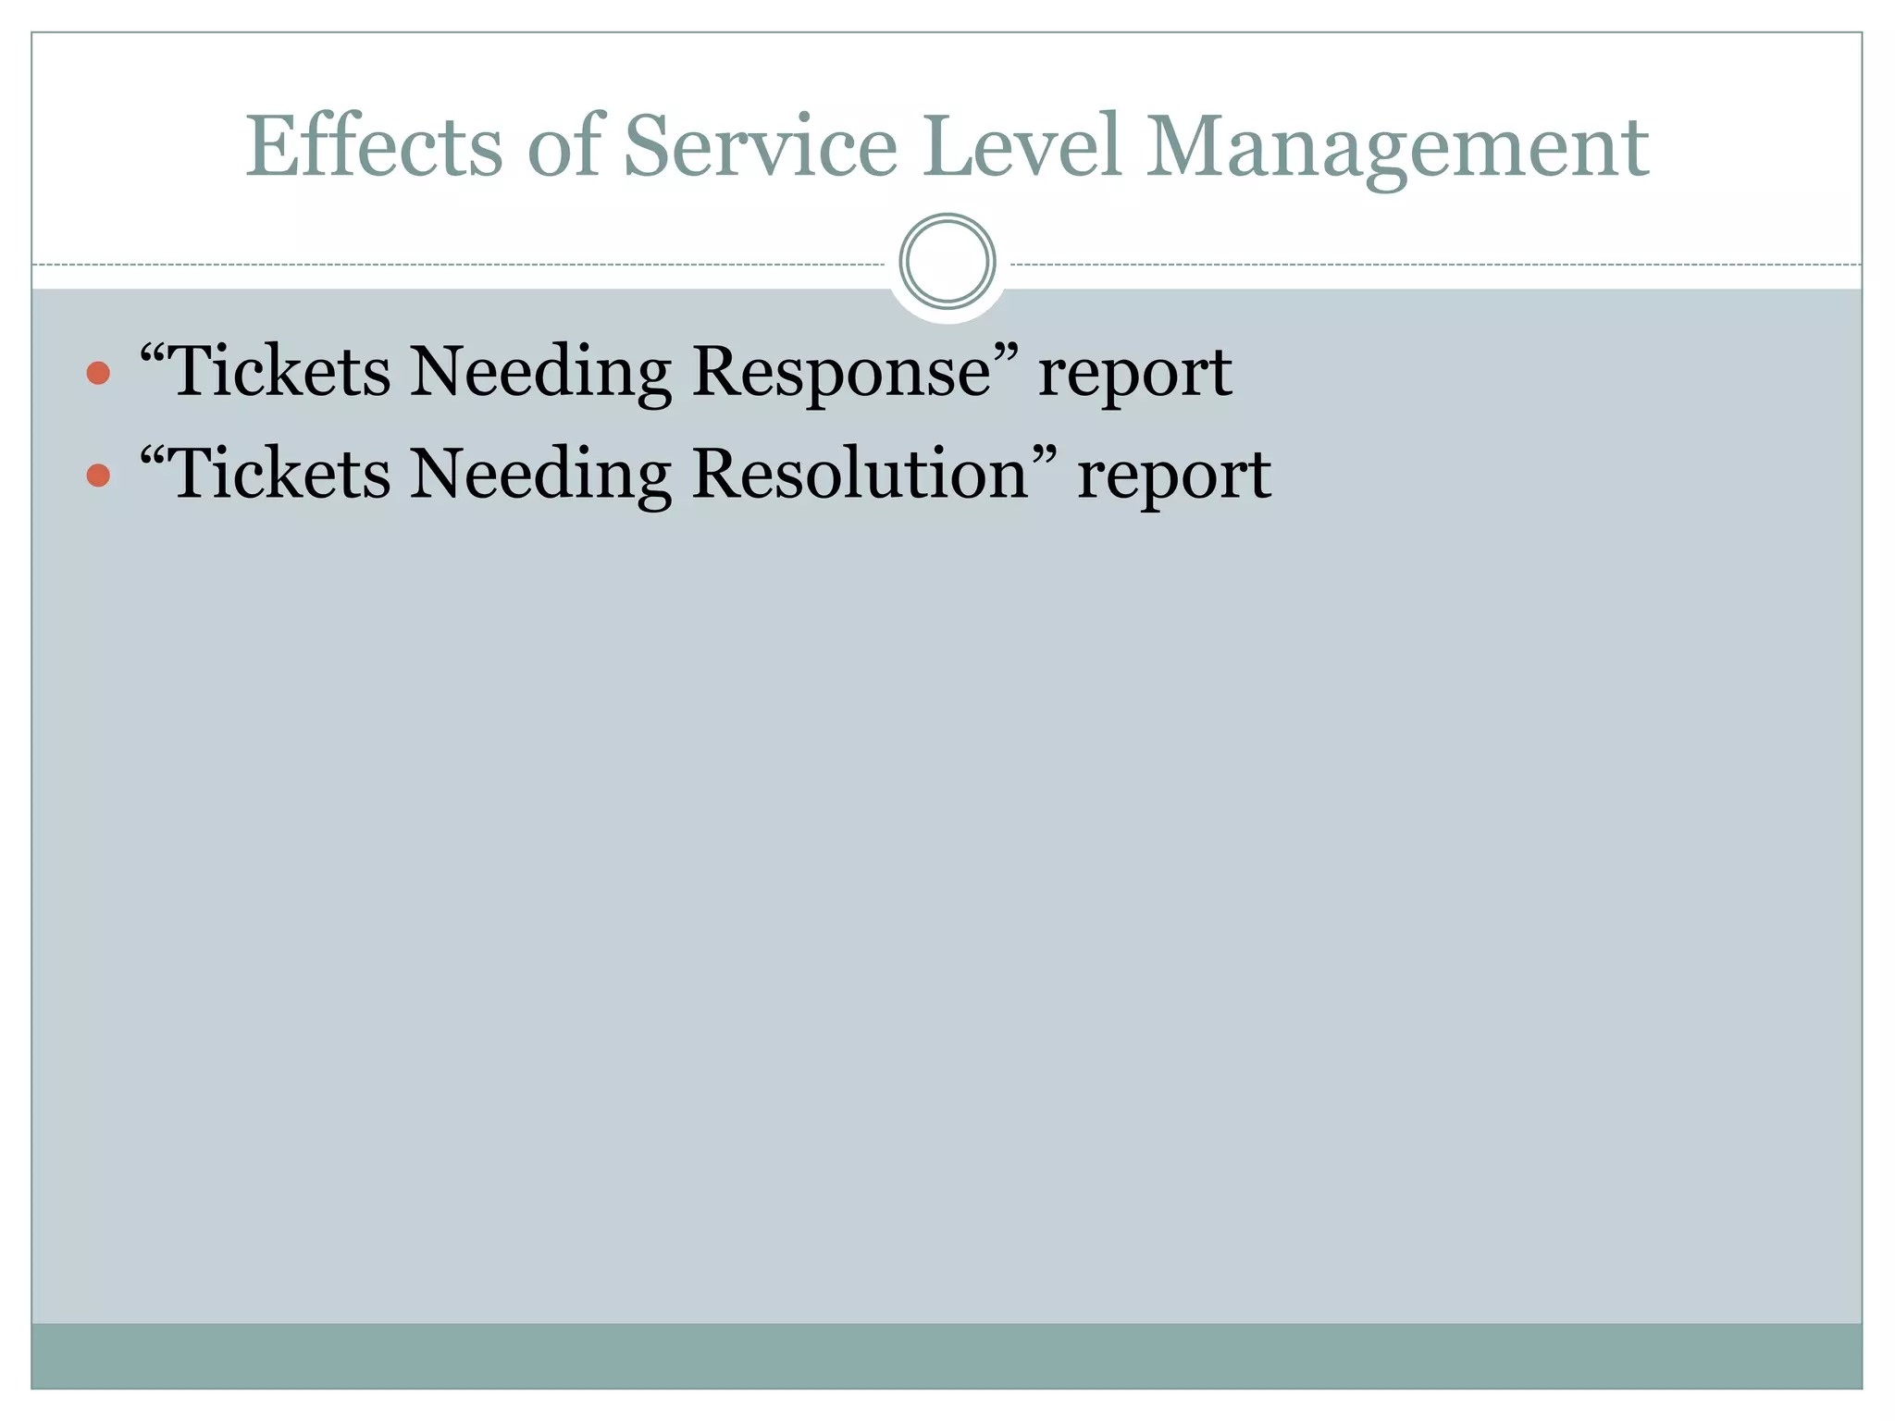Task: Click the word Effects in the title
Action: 373,146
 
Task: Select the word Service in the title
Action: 760,146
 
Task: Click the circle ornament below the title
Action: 947,262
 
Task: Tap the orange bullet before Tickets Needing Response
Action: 98,374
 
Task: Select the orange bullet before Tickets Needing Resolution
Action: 98,476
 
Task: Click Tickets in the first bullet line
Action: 281,372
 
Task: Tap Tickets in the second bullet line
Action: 281,474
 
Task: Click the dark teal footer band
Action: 947,1355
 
